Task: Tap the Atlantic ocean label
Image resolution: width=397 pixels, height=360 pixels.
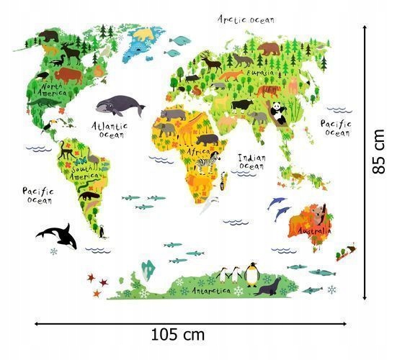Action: (111, 129)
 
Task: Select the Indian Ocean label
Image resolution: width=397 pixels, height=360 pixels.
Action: (251, 161)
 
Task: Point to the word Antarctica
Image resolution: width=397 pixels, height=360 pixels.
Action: (215, 289)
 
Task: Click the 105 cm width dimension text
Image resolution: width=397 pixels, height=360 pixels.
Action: (178, 334)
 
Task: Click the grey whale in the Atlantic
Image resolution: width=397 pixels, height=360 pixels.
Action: (119, 107)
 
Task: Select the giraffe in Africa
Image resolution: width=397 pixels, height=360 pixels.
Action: (189, 133)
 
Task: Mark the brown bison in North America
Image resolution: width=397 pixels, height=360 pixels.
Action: (66, 73)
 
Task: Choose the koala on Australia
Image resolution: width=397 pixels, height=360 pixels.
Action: (318, 214)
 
